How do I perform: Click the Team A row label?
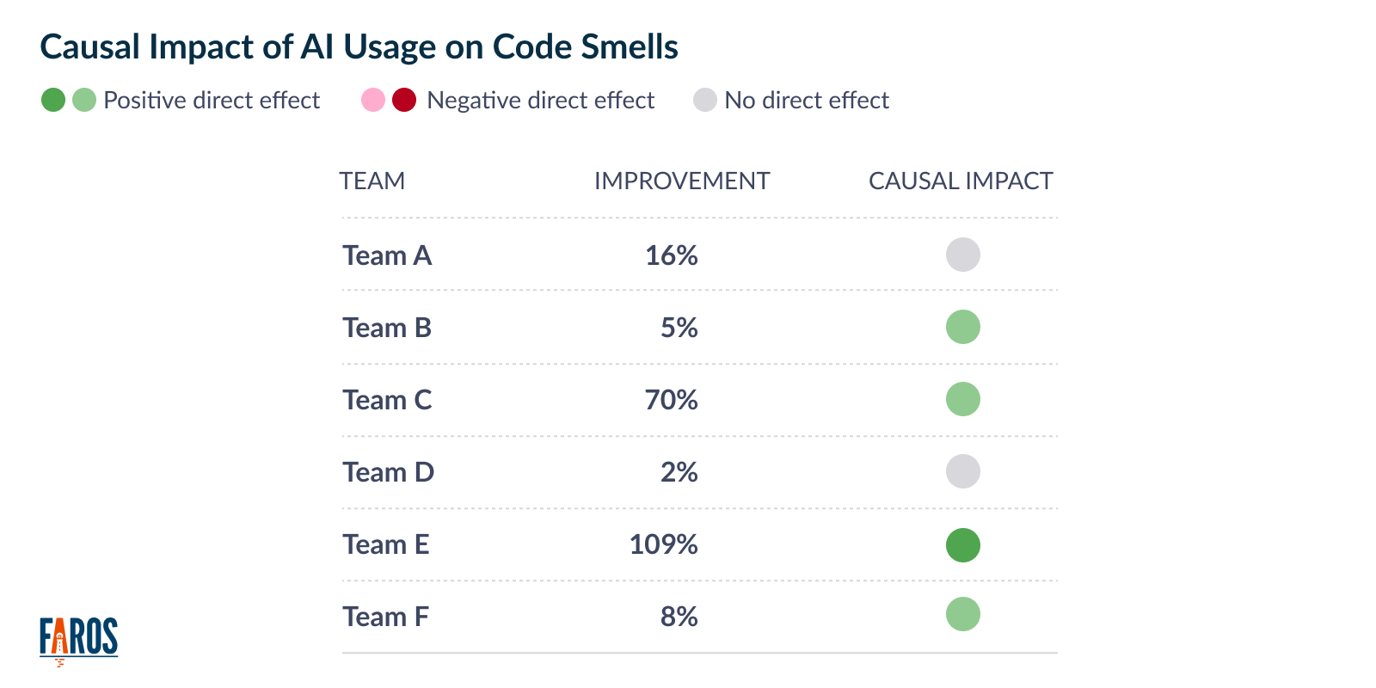point(387,255)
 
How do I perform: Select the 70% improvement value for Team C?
point(671,400)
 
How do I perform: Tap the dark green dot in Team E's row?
point(962,545)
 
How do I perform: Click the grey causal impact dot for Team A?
point(962,255)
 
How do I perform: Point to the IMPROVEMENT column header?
point(681,181)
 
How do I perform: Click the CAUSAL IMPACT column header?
point(960,181)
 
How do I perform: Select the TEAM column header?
point(372,181)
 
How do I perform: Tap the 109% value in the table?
point(663,544)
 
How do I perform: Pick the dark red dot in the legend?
point(404,100)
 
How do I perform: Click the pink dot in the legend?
point(373,100)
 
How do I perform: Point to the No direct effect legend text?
point(806,101)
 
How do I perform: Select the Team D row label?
point(388,472)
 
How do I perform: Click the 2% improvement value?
point(679,472)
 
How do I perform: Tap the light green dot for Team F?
point(962,614)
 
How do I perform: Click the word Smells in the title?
point(630,46)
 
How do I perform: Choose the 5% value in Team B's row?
point(679,328)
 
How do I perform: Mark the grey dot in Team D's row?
point(962,471)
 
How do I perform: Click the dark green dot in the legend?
point(53,100)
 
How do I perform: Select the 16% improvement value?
point(671,255)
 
